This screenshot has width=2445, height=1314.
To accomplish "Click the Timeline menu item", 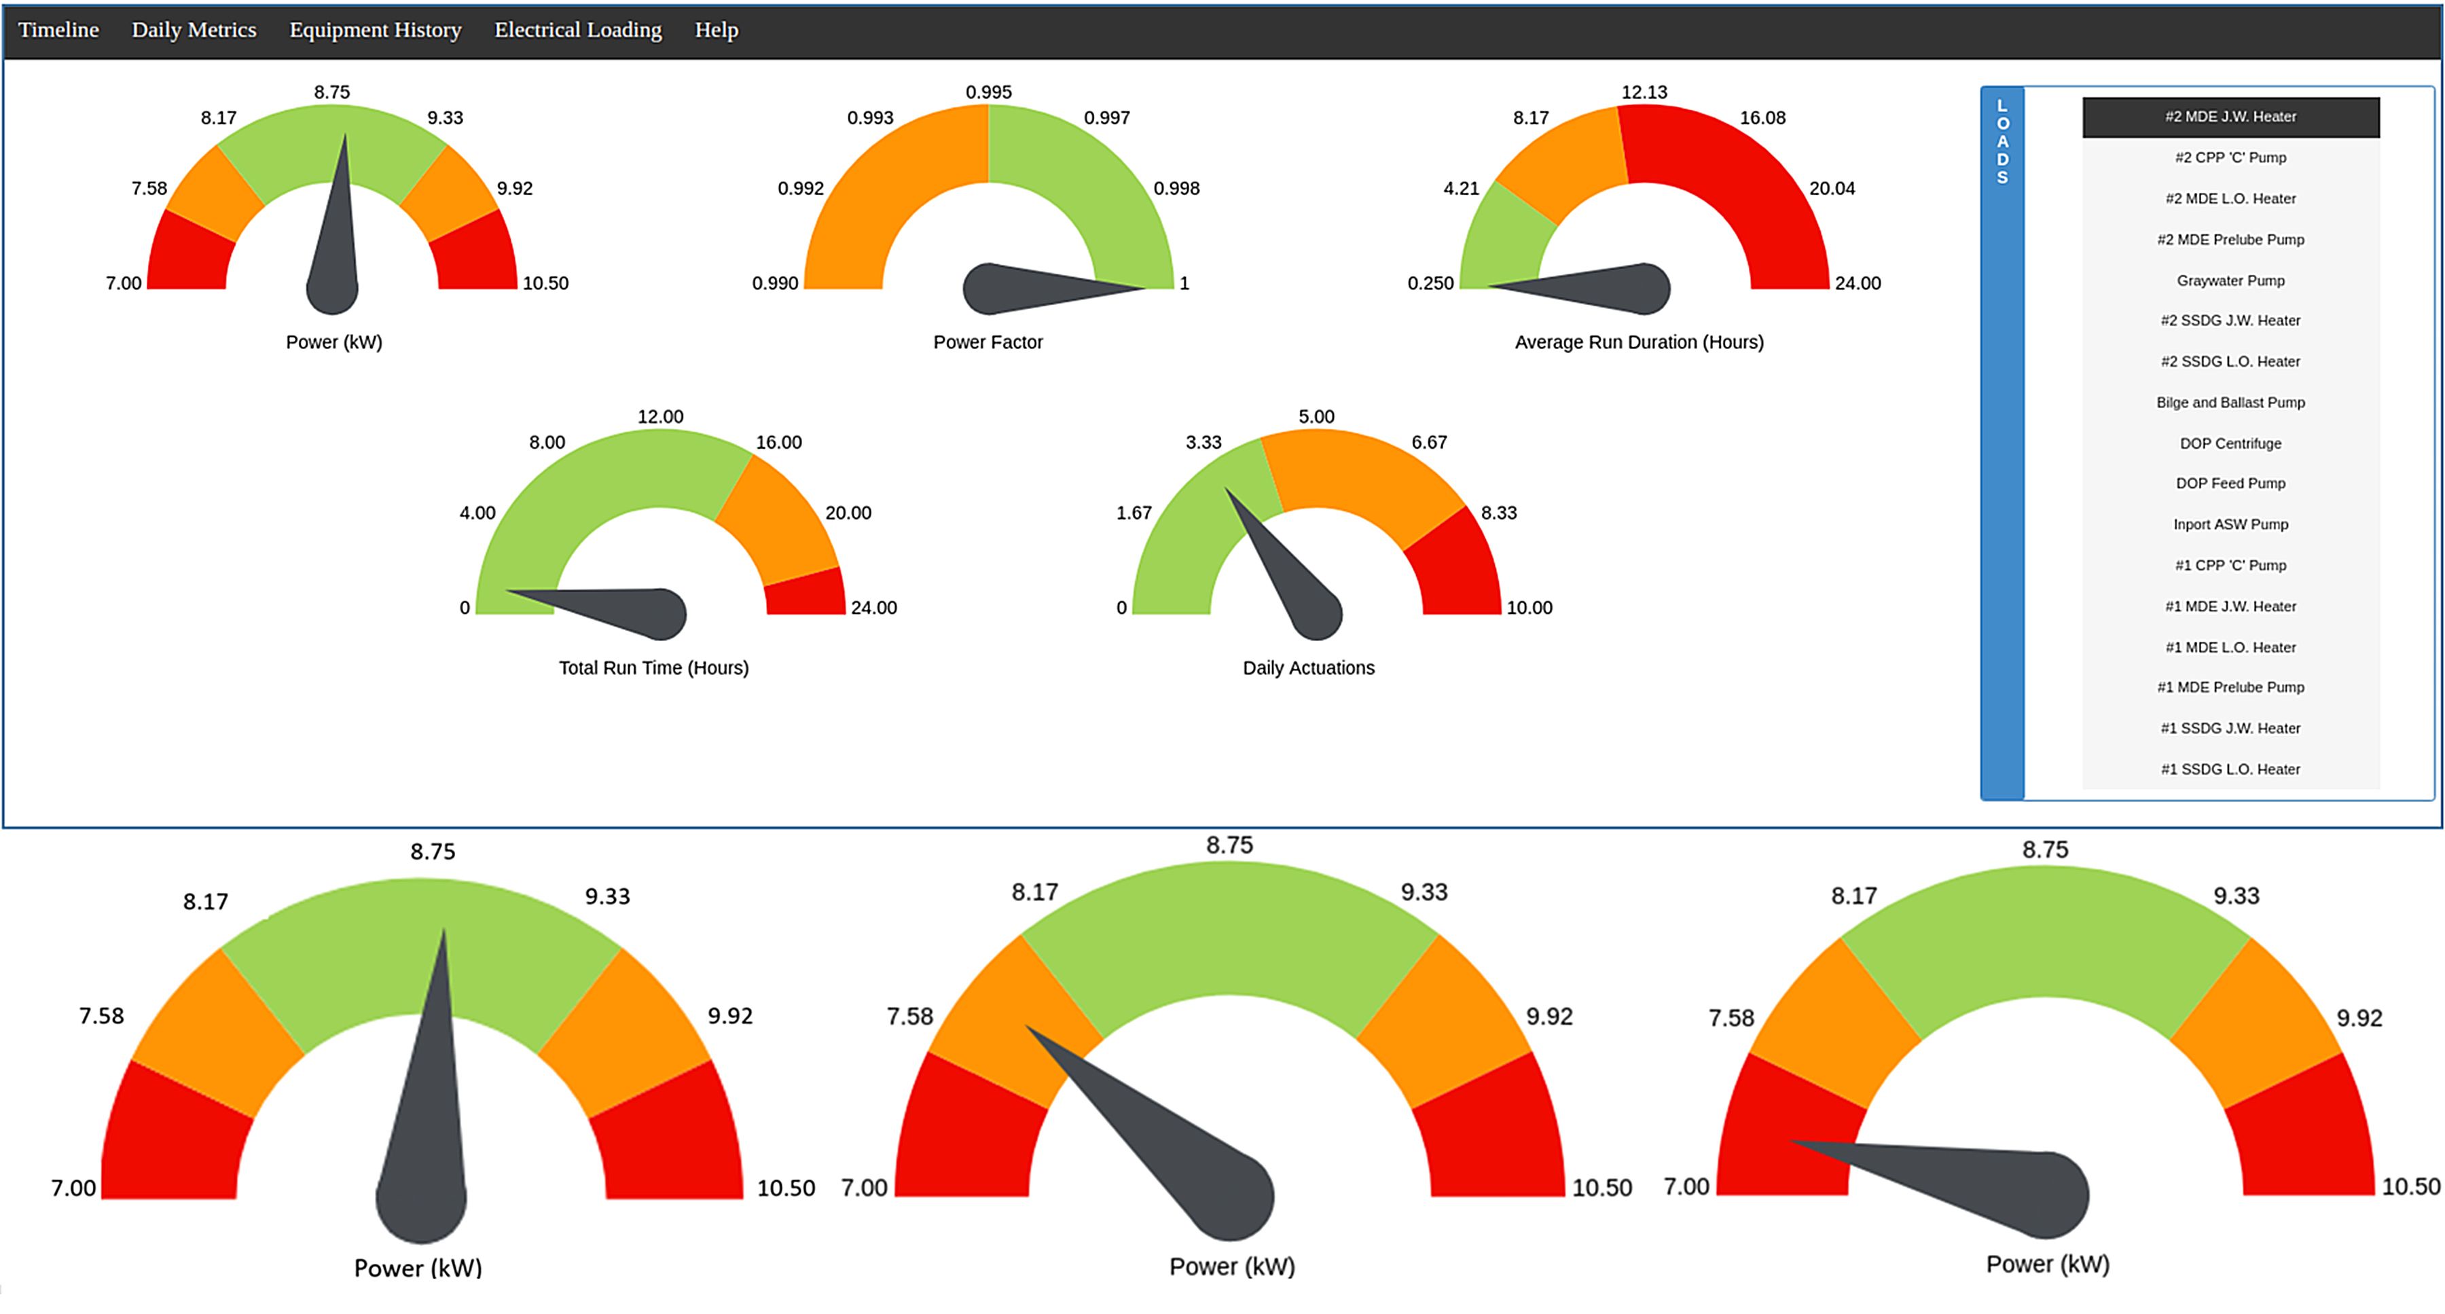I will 59,31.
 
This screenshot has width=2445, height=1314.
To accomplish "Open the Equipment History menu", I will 375,31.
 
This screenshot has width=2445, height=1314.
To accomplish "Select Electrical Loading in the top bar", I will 577,31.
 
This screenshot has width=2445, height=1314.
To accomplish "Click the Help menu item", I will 716,31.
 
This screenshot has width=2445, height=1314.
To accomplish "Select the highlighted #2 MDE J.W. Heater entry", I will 2230,117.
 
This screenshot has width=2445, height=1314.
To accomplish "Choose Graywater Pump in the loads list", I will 2230,281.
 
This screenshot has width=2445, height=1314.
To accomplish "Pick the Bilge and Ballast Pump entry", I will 2230,402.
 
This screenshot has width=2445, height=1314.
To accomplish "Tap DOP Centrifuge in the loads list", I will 2230,443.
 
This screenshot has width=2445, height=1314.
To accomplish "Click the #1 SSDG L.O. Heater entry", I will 2230,769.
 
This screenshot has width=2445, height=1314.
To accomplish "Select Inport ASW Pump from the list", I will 2230,525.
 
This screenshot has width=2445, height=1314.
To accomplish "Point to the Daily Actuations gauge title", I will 1308,668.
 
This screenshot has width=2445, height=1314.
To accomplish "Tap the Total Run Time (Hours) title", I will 653,668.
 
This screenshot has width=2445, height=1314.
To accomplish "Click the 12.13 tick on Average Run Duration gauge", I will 1643,92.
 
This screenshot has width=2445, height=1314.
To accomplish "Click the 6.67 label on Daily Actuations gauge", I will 1428,442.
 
